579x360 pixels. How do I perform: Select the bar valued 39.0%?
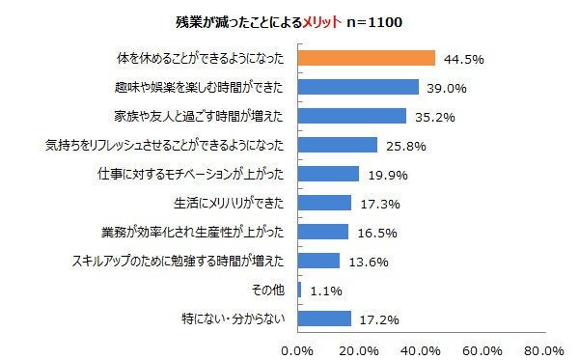(x=358, y=87)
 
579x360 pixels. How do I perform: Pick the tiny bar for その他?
(x=300, y=289)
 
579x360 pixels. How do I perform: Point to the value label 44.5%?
(x=463, y=59)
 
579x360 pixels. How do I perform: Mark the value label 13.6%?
(x=369, y=261)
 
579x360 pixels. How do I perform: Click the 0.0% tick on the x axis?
(x=299, y=348)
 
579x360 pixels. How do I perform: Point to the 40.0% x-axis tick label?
(x=422, y=348)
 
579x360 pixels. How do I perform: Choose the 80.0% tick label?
(x=545, y=348)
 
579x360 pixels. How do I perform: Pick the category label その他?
(x=268, y=289)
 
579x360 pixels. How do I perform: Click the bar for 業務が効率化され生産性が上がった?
(x=323, y=232)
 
